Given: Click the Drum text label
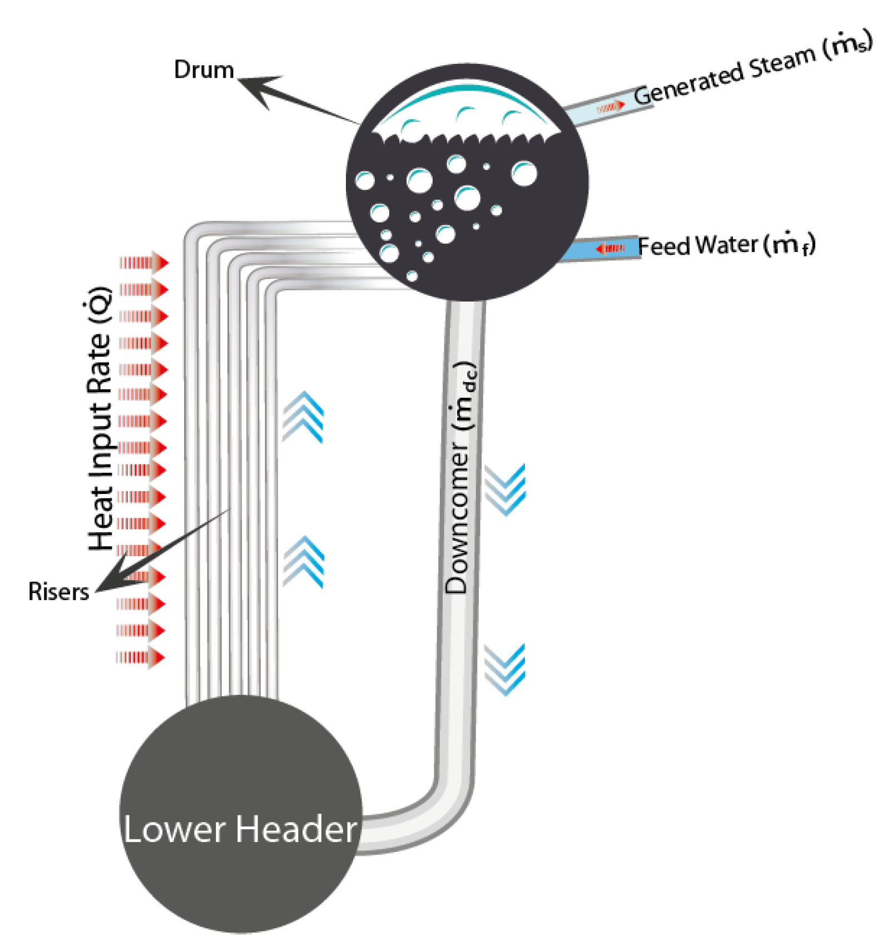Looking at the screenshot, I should click(204, 70).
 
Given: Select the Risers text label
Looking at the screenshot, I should click(58, 591).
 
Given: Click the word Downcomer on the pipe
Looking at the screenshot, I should click(457, 517).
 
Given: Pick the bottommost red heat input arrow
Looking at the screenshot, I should click(140, 657).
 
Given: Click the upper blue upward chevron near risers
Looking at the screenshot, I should click(303, 417).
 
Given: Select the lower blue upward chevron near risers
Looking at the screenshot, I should click(303, 561).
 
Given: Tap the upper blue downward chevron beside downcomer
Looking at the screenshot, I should click(504, 489).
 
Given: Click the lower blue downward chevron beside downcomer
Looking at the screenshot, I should click(504, 670).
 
